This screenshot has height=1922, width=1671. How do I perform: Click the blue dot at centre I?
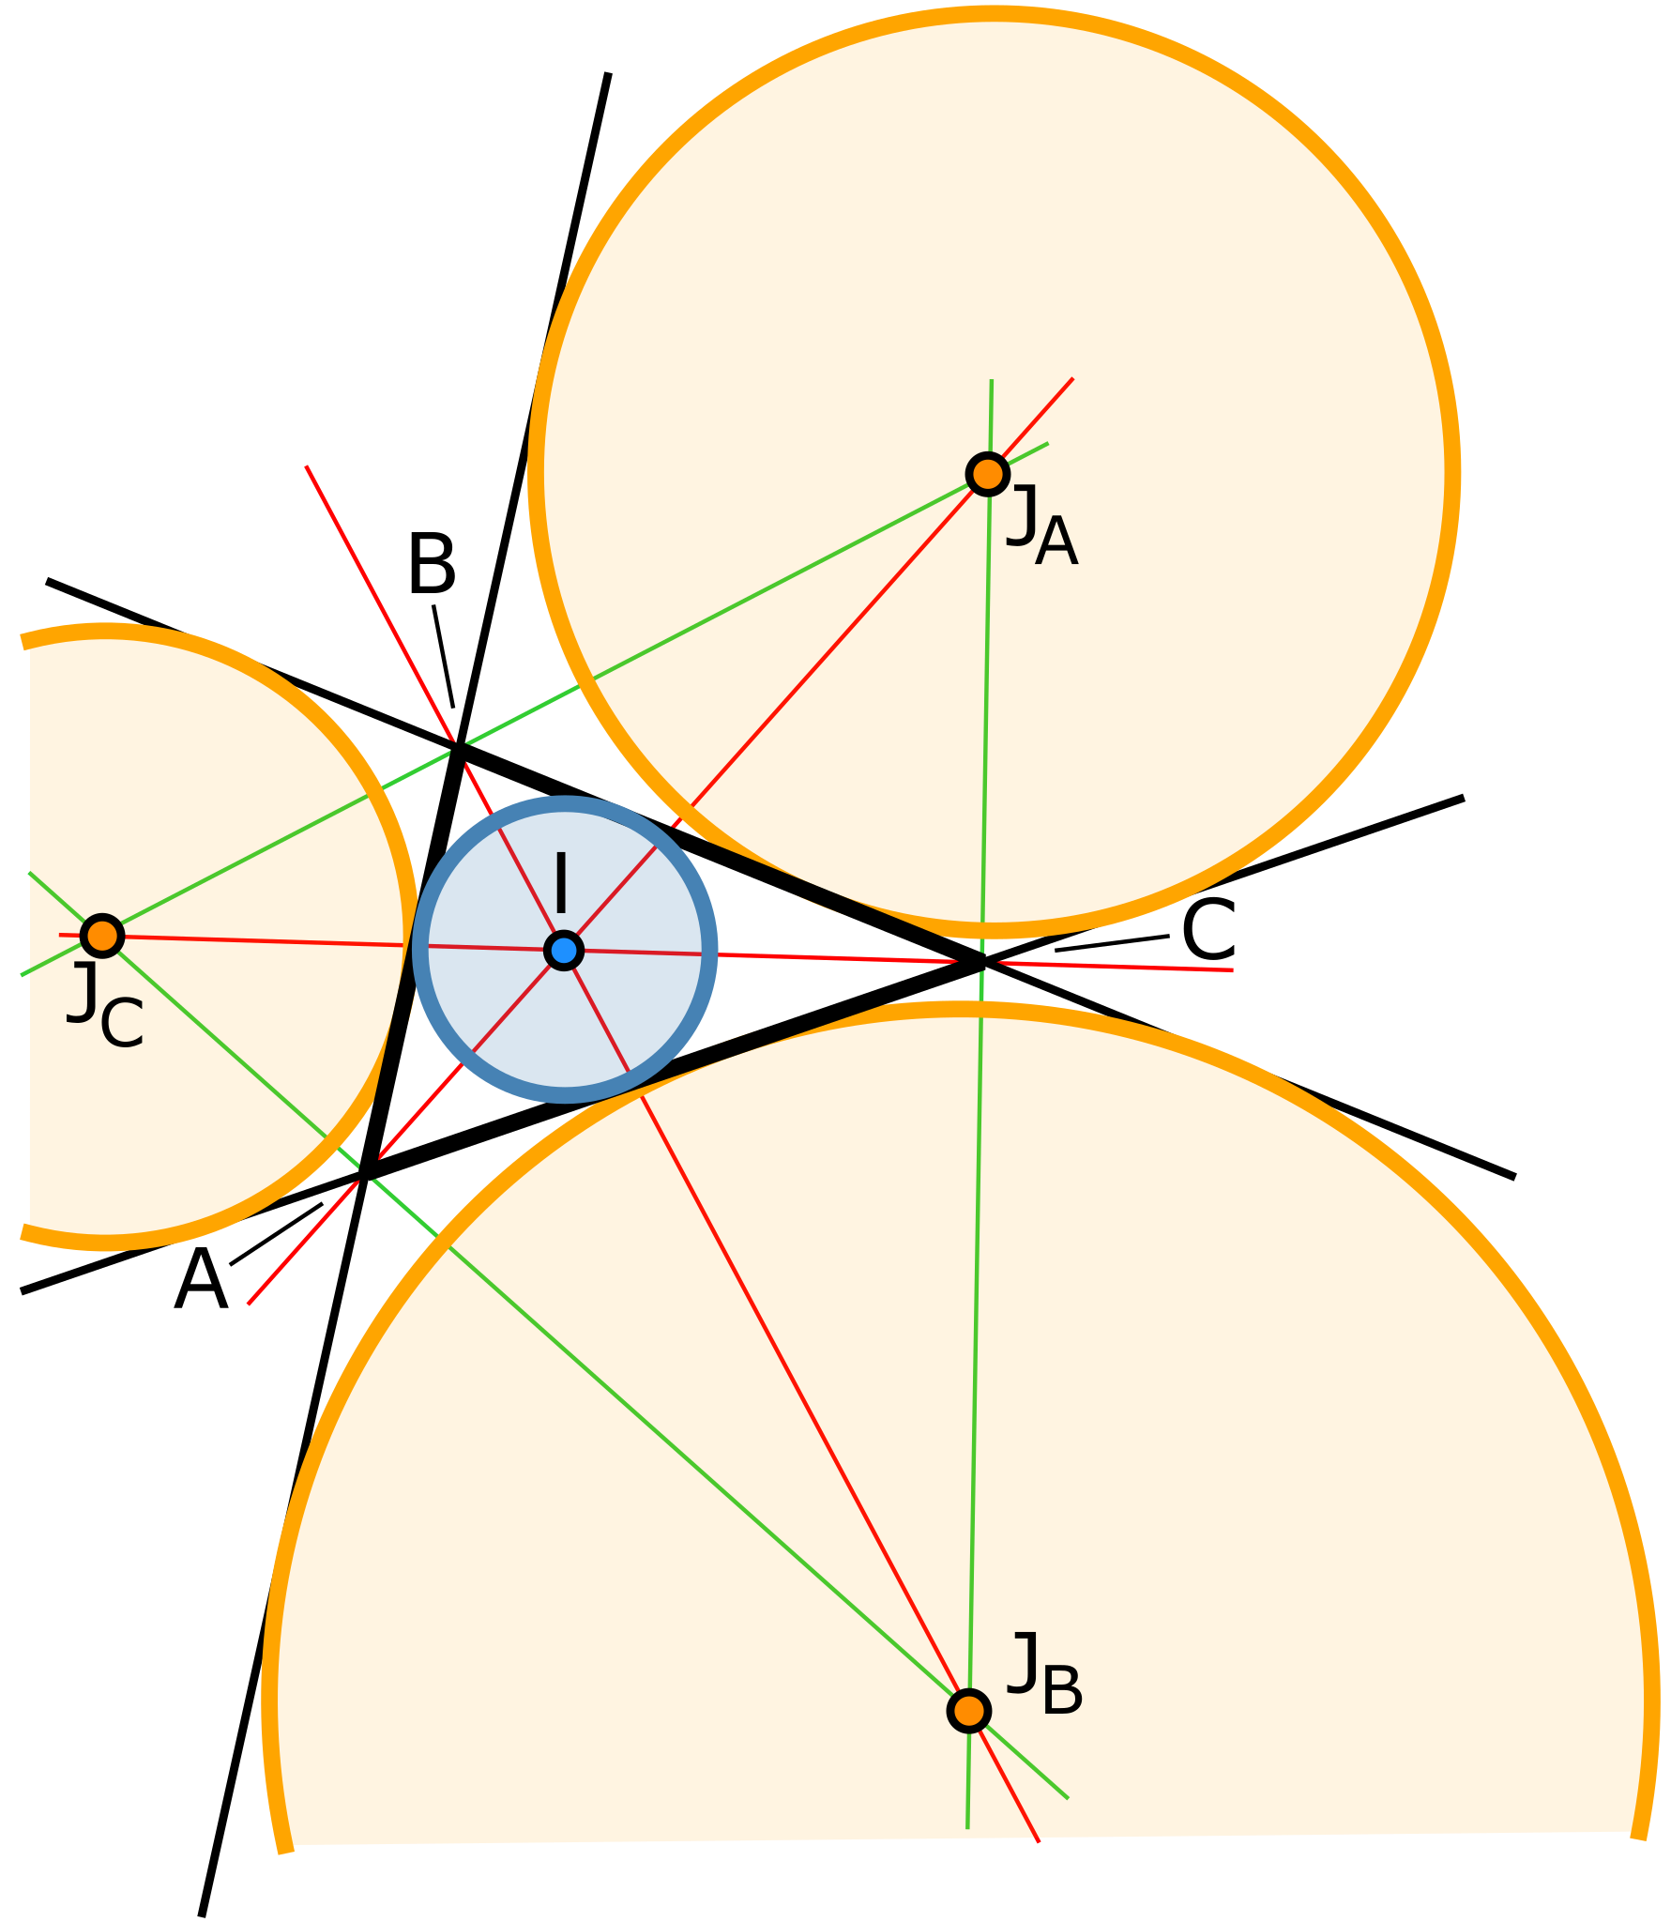tap(564, 951)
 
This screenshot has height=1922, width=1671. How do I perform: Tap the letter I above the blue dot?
tap(561, 882)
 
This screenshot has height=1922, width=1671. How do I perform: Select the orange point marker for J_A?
tap(987, 474)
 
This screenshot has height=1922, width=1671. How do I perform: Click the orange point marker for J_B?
tap(968, 1710)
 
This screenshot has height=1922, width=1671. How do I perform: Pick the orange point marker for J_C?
tap(101, 935)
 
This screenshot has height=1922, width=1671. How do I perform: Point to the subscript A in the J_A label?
tap(1056, 543)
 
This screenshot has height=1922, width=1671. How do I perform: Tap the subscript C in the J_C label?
tap(122, 1024)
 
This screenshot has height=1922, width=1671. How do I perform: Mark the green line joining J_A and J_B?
tap(976, 1314)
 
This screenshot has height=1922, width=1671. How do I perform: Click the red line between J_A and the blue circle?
tap(844, 638)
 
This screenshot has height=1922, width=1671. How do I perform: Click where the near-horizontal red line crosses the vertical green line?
tap(980, 962)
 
